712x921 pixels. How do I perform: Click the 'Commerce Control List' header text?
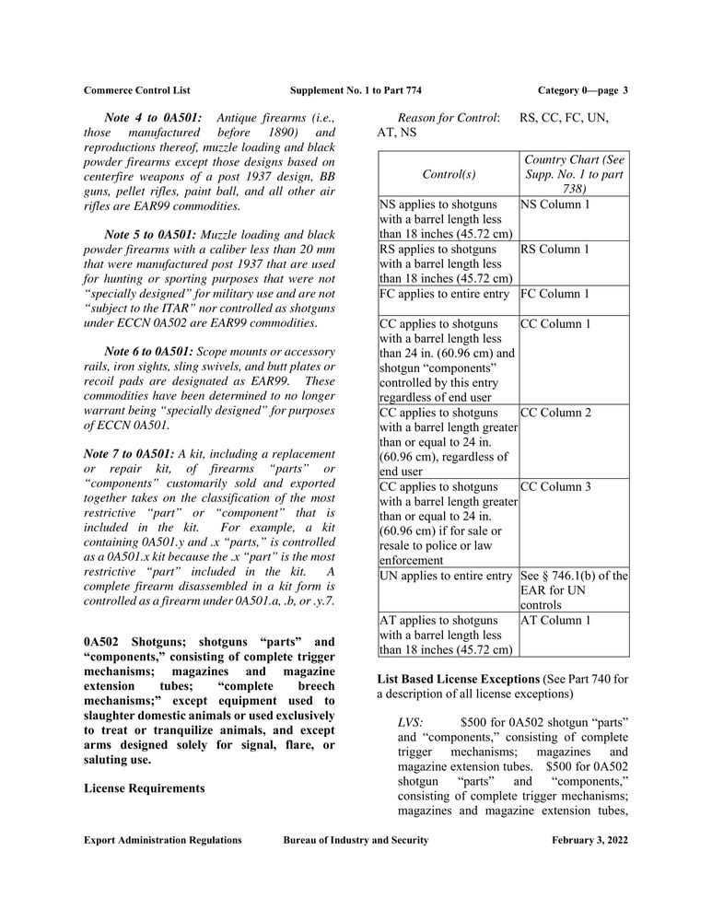[x=137, y=90]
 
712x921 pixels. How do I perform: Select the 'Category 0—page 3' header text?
[x=582, y=90]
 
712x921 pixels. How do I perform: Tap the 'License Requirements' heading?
[x=144, y=788]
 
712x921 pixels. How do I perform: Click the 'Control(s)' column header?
[x=449, y=173]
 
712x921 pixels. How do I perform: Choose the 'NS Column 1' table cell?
[x=555, y=204]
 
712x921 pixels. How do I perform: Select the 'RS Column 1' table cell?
[x=555, y=250]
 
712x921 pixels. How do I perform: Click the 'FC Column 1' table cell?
[x=555, y=295]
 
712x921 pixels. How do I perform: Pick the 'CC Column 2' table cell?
[x=555, y=413]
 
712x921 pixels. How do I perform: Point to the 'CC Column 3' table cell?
[x=555, y=486]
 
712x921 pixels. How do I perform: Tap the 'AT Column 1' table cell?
[x=555, y=621]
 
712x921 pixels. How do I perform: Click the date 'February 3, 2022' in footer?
[x=589, y=841]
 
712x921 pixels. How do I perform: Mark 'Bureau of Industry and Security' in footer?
[x=356, y=841]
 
